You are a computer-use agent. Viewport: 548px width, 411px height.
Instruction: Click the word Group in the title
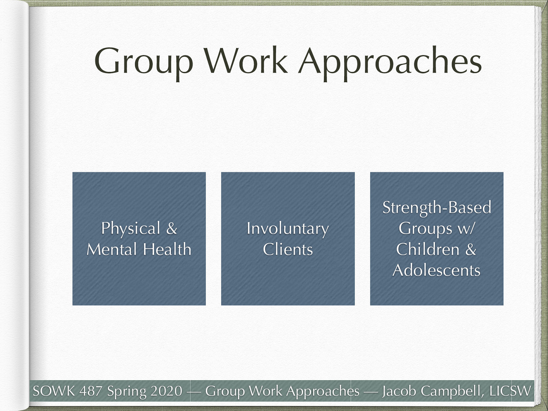click(x=144, y=62)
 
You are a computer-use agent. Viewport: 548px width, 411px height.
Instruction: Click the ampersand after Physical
click(x=172, y=228)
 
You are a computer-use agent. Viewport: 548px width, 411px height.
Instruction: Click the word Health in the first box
click(x=167, y=249)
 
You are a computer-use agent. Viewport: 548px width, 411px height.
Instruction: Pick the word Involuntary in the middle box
click(x=288, y=228)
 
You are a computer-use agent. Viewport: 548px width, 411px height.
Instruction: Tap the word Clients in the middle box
click(x=288, y=249)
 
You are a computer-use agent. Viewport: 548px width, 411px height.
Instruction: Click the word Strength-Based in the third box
click(x=437, y=208)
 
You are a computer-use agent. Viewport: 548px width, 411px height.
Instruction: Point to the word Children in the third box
click(x=427, y=249)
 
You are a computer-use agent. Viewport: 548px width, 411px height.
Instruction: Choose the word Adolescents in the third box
click(x=437, y=270)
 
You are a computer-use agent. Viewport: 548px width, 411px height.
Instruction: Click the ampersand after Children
click(x=471, y=249)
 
